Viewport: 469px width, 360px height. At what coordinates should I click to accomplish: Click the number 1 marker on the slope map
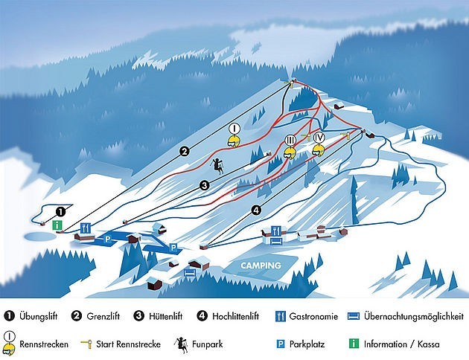(x=62, y=211)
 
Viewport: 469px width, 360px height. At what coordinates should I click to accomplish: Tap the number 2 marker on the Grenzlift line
(x=184, y=151)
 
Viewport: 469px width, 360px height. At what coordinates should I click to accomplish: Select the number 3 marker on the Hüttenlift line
(x=202, y=185)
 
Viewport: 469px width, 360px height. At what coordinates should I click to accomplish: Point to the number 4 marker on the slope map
(x=256, y=210)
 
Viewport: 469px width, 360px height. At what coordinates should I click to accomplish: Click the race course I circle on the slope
(x=234, y=128)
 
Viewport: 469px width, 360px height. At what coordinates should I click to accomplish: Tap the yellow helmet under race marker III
(x=290, y=152)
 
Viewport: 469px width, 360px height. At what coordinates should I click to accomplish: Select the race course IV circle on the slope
(x=319, y=138)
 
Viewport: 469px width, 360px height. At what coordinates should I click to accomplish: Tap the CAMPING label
(x=261, y=266)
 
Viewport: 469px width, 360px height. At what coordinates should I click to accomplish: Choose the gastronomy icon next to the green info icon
(x=87, y=227)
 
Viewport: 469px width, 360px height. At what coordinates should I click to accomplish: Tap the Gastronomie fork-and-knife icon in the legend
(x=302, y=316)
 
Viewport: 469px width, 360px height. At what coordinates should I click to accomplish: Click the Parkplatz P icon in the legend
(x=302, y=344)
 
